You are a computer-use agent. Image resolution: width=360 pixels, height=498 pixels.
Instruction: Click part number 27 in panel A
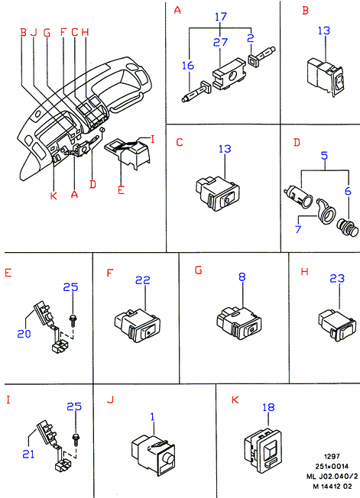(221, 42)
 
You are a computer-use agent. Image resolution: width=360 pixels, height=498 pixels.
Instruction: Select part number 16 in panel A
(188, 66)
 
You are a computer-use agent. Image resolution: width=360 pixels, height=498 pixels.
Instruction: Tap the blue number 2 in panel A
(251, 38)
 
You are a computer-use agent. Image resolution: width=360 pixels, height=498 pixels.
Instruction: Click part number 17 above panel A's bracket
(221, 17)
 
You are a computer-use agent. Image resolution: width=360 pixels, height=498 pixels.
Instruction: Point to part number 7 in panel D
(298, 228)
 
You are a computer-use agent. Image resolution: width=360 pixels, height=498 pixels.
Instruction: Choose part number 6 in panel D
(348, 191)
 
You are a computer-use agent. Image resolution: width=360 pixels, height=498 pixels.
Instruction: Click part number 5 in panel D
(324, 156)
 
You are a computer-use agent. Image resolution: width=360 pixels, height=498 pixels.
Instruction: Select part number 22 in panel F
(143, 280)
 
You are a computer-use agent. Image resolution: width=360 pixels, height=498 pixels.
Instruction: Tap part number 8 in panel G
(242, 276)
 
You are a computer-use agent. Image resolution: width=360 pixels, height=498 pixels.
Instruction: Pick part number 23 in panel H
(337, 278)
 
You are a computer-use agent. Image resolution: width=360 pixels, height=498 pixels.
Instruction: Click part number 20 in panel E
(24, 334)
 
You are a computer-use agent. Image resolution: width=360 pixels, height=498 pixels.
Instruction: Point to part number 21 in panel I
(28, 454)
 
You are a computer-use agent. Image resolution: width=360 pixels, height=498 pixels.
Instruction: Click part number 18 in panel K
(268, 407)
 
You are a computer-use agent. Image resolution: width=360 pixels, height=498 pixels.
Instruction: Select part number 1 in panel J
(153, 416)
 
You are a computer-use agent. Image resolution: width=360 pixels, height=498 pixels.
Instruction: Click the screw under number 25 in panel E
(73, 320)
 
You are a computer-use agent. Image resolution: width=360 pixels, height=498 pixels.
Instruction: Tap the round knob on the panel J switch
(167, 459)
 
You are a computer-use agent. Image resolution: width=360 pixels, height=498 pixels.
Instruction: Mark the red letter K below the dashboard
(54, 196)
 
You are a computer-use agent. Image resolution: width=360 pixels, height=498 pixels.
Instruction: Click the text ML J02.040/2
(332, 477)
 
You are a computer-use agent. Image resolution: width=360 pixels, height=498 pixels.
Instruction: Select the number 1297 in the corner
(332, 457)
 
